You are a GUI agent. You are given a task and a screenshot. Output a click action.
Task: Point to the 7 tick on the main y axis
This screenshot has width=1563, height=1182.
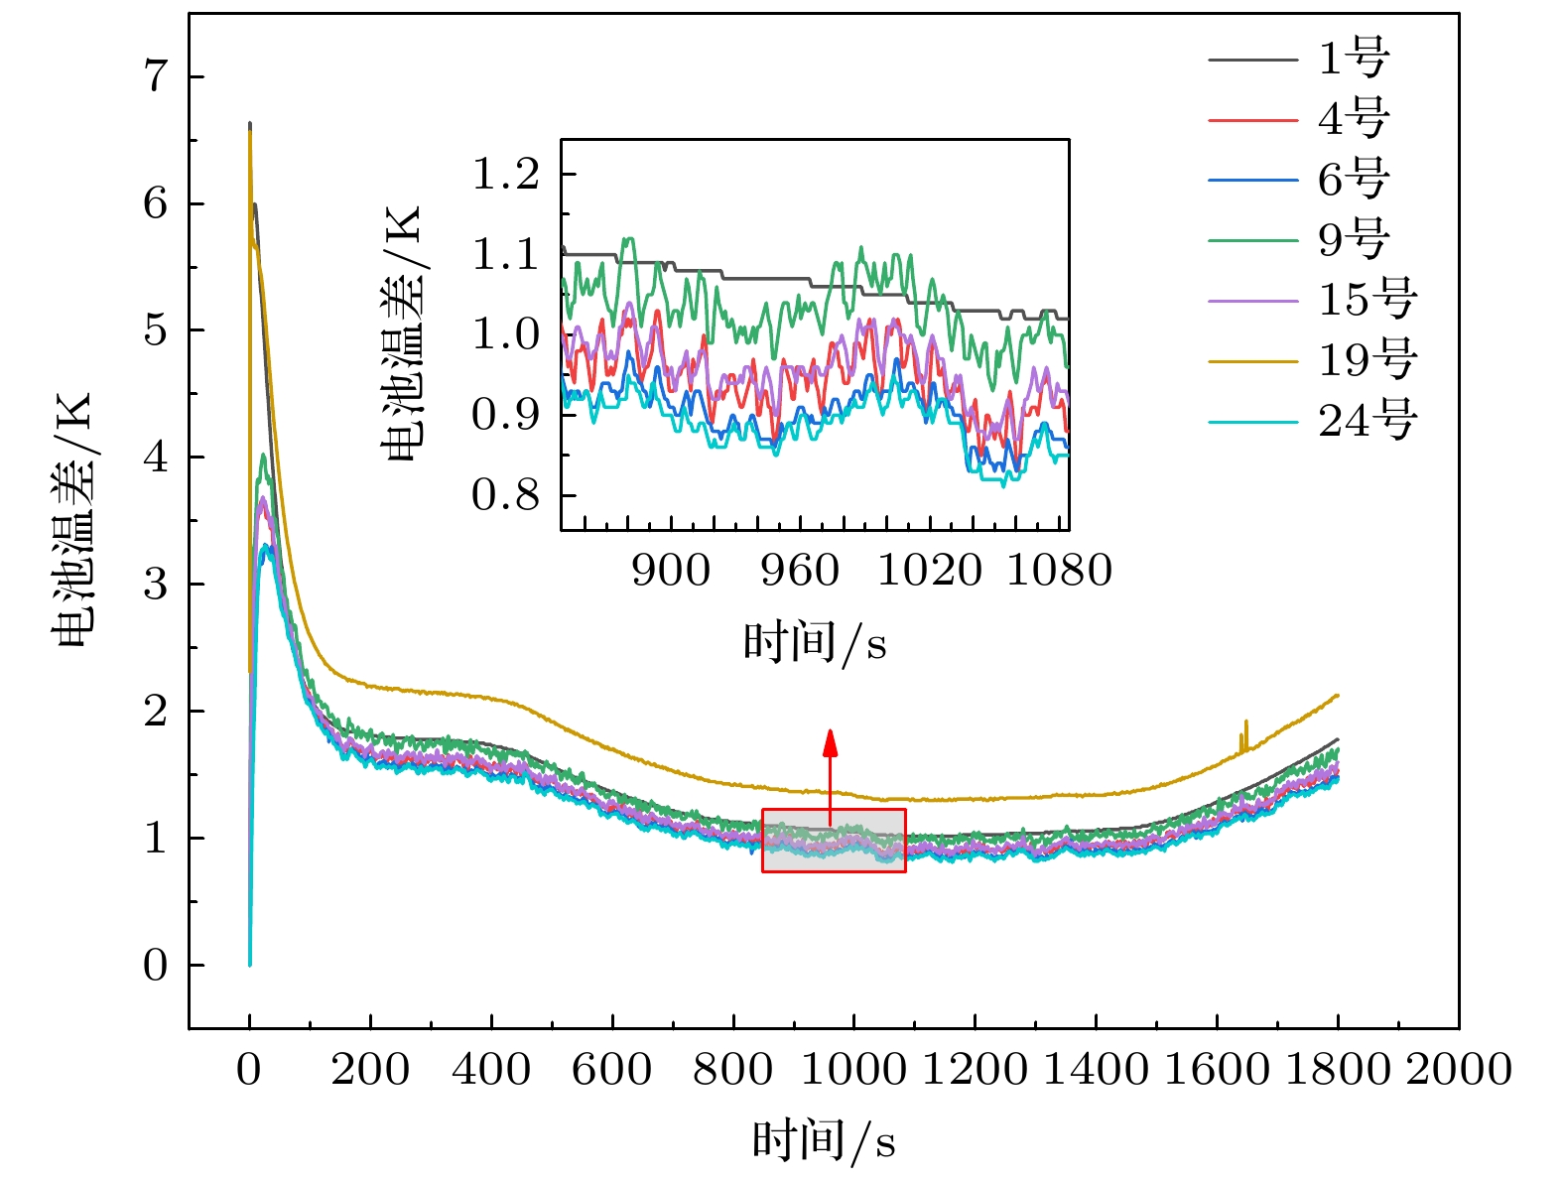156,76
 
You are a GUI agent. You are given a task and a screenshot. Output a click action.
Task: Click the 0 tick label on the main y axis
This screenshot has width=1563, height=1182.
156,965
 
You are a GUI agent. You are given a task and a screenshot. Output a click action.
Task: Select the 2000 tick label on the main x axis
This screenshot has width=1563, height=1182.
1458,1070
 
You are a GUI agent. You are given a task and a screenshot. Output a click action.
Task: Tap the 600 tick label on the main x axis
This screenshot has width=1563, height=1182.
612,1070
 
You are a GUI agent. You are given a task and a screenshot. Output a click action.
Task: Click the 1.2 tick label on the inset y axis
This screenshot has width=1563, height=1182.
505,175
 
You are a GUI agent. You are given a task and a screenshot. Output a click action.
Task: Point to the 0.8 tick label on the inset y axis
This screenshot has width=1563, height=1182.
505,494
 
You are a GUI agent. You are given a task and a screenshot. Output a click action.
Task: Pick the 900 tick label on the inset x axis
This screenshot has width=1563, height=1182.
671,571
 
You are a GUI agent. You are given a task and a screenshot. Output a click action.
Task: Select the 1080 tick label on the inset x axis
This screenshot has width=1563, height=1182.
1059,571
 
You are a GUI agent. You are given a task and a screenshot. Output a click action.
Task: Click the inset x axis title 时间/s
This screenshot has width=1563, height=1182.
815,642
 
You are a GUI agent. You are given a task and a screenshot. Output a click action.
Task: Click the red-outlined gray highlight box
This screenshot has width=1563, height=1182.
834,841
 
